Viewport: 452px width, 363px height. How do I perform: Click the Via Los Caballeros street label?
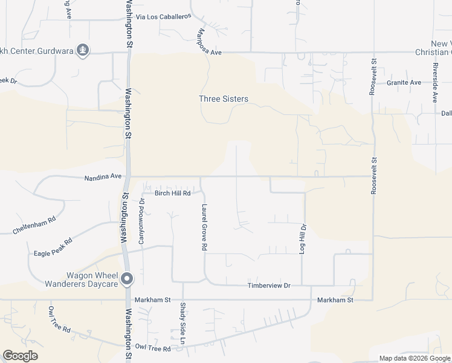tap(164, 17)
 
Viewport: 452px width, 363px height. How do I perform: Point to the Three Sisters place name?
tap(224, 99)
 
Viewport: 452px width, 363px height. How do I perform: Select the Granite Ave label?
tap(404, 82)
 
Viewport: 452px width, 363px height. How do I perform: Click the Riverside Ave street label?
tap(434, 79)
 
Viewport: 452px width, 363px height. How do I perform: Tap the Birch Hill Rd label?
tap(173, 193)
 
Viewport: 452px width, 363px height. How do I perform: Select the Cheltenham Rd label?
tap(34, 224)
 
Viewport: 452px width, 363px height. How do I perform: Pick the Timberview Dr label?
tap(270, 285)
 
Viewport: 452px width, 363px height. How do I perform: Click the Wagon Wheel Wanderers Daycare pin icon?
tap(127, 279)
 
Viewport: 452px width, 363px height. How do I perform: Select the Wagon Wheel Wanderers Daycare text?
tap(82, 279)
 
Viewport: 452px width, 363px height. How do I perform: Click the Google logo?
tap(20, 356)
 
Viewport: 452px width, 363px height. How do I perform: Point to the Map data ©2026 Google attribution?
tap(415, 358)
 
